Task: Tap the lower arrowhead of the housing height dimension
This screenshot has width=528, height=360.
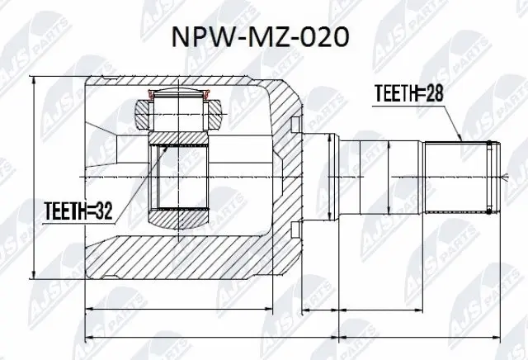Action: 33,275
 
